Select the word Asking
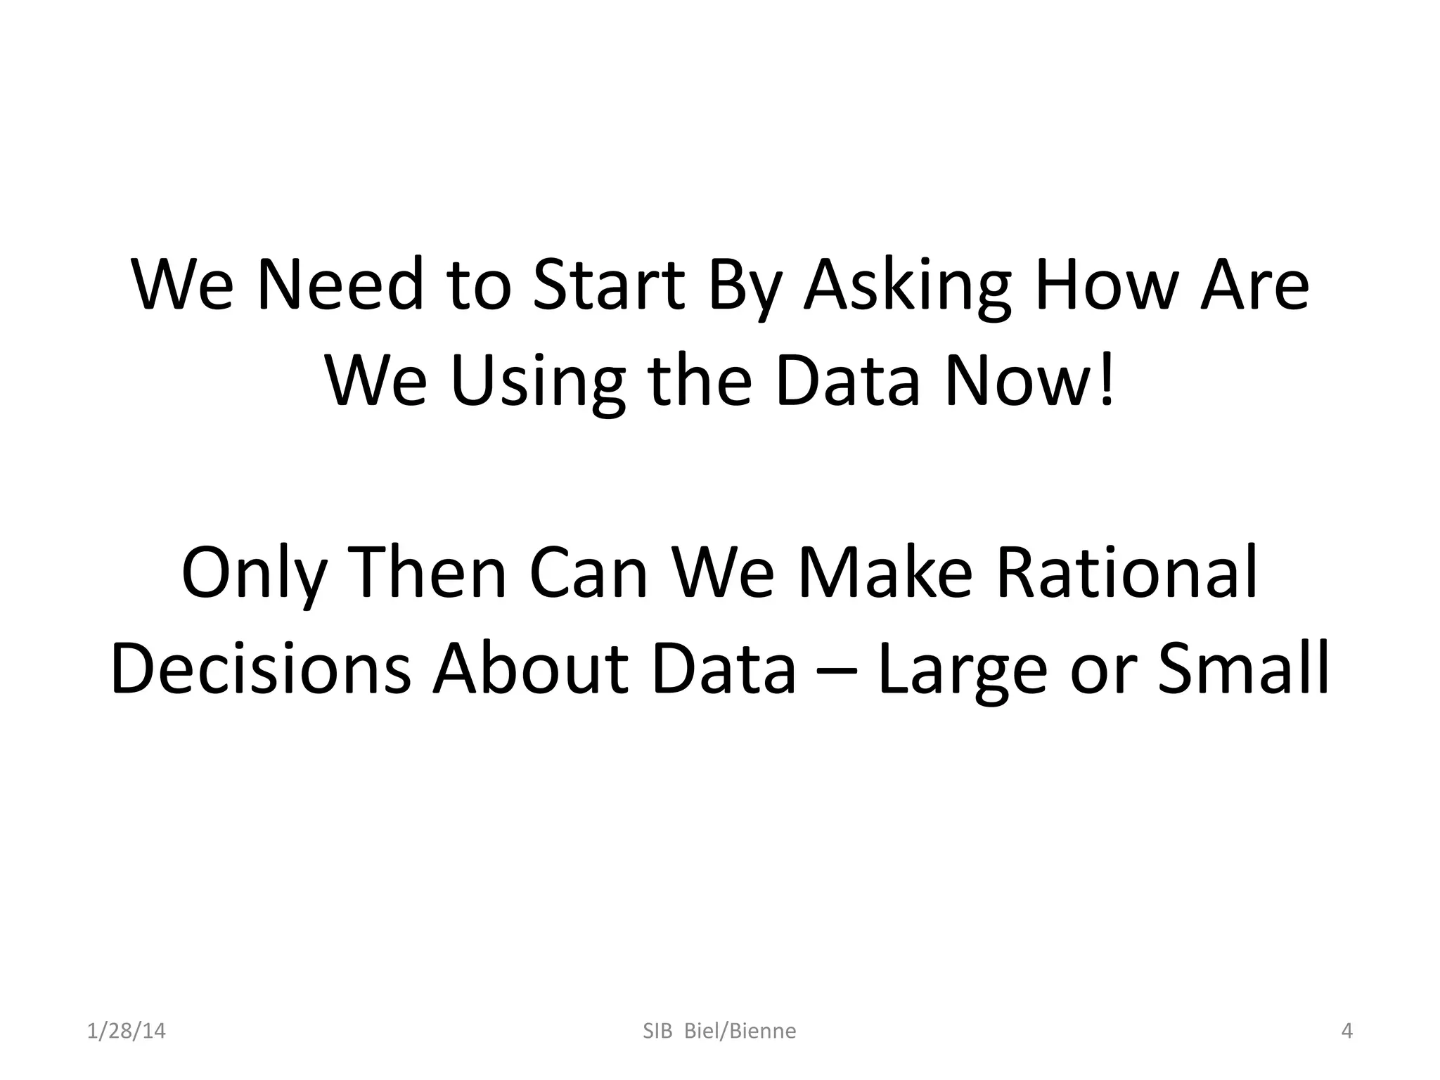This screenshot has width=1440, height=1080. coord(907,287)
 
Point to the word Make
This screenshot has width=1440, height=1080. coord(885,573)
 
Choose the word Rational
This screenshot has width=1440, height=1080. coord(1126,573)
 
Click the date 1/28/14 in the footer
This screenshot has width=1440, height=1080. coord(126,1031)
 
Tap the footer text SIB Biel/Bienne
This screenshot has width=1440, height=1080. coord(719,1031)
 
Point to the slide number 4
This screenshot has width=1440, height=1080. coord(1346,1031)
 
